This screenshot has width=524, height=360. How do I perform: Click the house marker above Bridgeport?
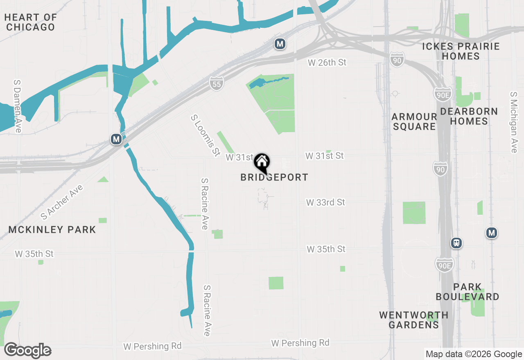point(262,162)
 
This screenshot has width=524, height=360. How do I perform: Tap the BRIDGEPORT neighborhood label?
point(274,178)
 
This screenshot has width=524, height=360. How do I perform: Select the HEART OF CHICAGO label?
point(31,22)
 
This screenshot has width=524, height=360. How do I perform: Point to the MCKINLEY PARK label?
point(52,229)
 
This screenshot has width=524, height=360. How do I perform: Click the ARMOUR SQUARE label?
point(414,122)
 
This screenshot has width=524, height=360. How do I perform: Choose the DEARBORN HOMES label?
point(469,116)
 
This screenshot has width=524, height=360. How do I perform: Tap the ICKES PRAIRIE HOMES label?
point(461,51)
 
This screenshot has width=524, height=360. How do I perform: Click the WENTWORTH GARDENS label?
point(413,320)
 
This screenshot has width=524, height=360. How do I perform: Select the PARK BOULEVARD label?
point(468,292)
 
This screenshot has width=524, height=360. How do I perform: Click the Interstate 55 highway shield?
point(217,83)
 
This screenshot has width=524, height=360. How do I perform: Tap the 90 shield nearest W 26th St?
point(397,60)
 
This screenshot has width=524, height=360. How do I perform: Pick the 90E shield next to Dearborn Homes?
point(443,94)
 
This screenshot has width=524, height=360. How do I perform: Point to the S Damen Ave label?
point(18,106)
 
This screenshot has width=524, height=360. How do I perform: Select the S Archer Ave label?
point(62,202)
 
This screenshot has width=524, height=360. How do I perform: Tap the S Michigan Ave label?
point(514,122)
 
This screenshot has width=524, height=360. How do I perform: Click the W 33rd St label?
point(326,202)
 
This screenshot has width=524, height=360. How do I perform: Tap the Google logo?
point(27,351)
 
